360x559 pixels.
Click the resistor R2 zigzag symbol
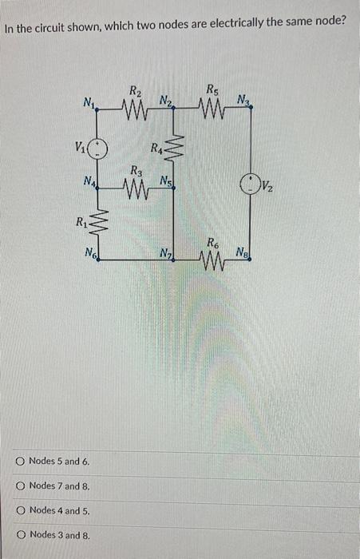[133, 108]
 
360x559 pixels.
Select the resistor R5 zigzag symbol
[212, 108]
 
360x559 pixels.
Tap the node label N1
[88, 101]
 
